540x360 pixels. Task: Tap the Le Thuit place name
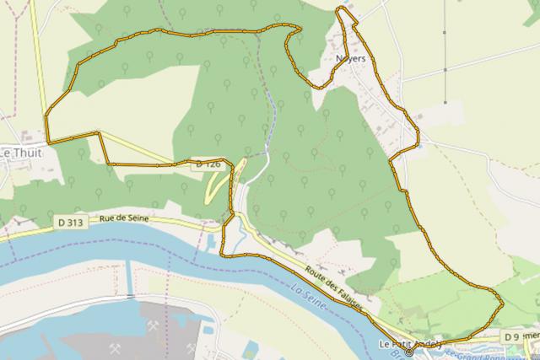16,153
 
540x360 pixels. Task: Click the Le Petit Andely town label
410,343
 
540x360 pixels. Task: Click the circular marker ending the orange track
409,353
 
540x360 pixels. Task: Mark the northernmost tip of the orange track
341,8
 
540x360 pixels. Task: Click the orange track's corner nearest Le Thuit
48,141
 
